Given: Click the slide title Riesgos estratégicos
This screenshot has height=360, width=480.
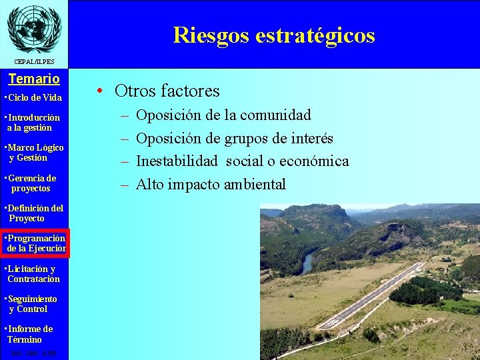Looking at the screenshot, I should click(x=273, y=35).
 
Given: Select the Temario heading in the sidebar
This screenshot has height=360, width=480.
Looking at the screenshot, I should click(x=34, y=79).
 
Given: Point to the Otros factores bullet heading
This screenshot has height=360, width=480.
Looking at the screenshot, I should click(x=167, y=91).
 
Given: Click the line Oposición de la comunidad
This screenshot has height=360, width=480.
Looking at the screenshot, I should click(x=223, y=115).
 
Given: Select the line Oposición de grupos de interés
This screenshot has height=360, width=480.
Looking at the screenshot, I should click(x=234, y=139).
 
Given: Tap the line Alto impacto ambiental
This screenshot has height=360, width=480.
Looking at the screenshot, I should click(x=211, y=185).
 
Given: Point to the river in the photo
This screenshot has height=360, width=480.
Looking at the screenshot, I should click(x=307, y=263).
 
